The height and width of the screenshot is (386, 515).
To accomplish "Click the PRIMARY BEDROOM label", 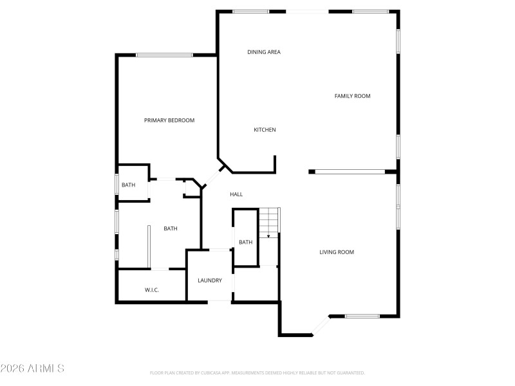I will coord(169,120).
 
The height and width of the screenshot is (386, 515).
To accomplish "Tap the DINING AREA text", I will coord(264,52).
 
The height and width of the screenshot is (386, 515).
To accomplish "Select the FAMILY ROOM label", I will coord(352,96).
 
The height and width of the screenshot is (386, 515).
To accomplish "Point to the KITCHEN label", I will coord(265,130).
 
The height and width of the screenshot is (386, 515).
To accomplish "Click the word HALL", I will coord(236,194).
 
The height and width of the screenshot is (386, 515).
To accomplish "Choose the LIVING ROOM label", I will coord(337,252).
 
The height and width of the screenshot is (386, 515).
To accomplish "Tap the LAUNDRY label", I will coord(210,280).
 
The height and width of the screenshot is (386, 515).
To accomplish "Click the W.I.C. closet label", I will coord(152,290).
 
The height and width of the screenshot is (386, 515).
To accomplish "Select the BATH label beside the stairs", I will coord(246,243).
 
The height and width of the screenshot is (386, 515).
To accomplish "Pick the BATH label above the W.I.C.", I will coord(171,228).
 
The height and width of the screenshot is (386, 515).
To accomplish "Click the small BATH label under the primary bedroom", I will coord(129,185).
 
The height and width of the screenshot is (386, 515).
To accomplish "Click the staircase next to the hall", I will coord(269,222).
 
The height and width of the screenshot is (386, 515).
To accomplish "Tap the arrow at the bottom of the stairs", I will coord(269,236).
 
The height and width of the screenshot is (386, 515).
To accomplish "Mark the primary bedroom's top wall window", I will coord(164,55).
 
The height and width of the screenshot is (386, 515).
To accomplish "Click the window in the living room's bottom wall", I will coord(362,316).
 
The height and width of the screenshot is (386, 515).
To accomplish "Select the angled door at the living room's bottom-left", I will coord(321,326).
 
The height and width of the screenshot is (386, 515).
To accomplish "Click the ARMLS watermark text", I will coord(32,369).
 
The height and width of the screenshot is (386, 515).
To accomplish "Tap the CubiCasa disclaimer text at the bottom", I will coord(257,372).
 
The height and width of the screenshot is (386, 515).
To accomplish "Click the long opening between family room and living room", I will coord(350,171).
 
